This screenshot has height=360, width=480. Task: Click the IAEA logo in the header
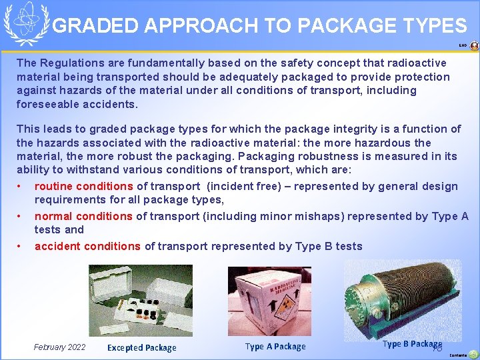[x=26, y=23]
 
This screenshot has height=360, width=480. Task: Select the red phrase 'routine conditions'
[x=84, y=187]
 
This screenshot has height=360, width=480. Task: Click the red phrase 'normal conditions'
[x=83, y=216]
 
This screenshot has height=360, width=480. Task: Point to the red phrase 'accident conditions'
[x=87, y=246]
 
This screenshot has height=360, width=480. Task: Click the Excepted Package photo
[x=141, y=300]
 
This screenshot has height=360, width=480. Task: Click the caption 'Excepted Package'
[x=142, y=347]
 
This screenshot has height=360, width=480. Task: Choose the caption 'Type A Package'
[x=275, y=346]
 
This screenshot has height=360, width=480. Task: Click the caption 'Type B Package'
[x=411, y=344]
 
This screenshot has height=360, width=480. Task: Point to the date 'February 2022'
[x=59, y=347]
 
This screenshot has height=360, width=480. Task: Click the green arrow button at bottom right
[x=473, y=354]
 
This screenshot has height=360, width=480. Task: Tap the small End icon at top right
[x=474, y=46]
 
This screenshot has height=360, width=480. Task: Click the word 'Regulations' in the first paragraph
[x=69, y=63]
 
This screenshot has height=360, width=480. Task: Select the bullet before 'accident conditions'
[x=21, y=246]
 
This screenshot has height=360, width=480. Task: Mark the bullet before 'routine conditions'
[x=21, y=187]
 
